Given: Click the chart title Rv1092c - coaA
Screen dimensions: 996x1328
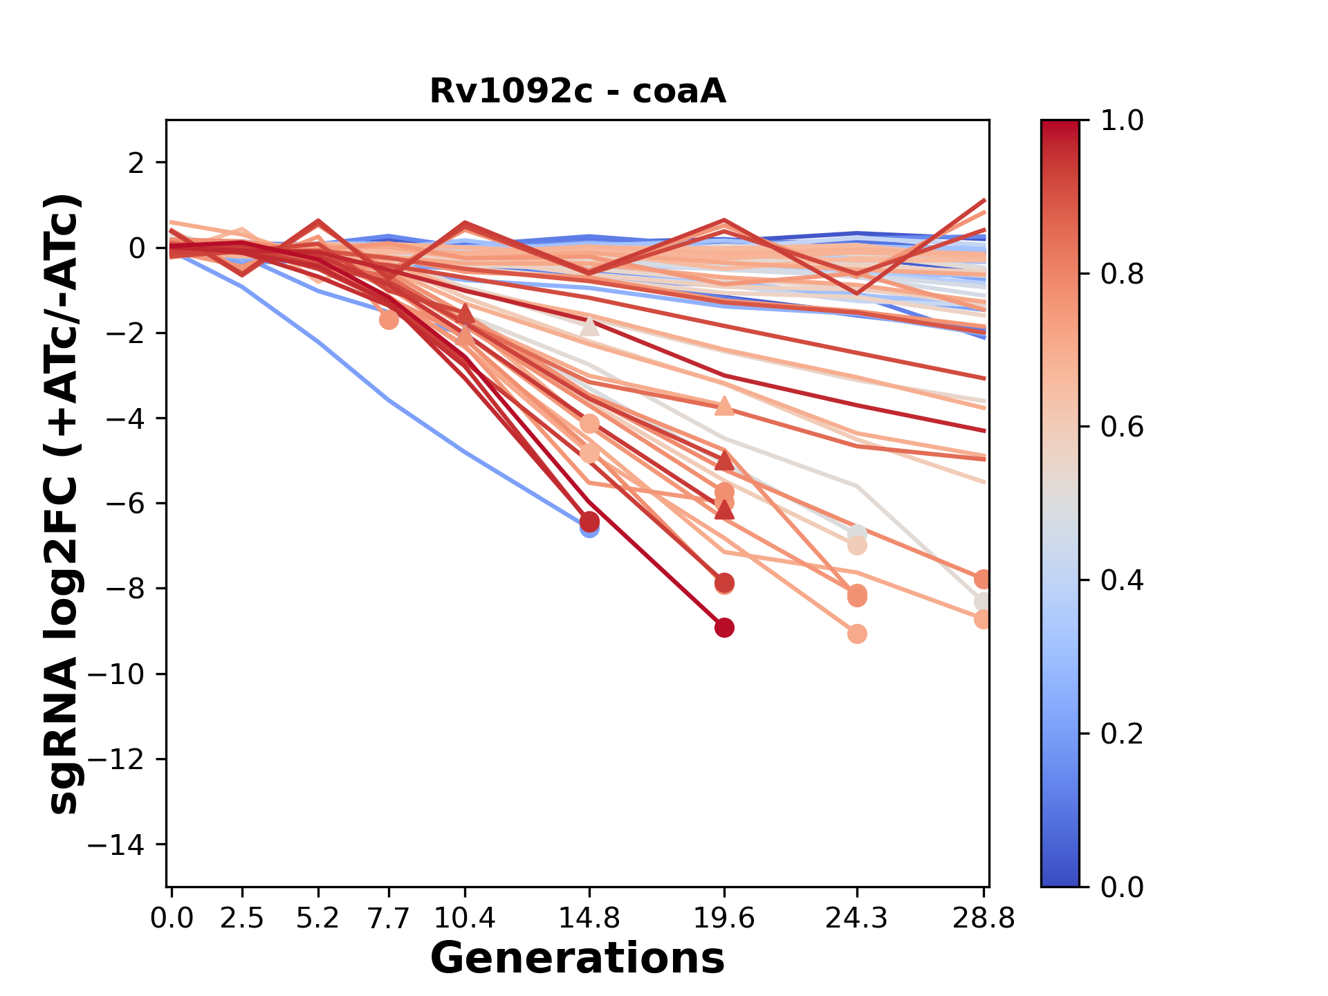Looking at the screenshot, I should point(578,91).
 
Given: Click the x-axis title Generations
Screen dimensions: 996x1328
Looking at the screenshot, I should point(578,959).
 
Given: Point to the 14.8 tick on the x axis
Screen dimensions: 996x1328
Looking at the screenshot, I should point(589,919).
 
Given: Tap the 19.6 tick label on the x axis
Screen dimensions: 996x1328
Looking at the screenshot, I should point(724,919).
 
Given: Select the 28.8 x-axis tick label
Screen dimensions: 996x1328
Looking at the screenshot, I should point(983,919).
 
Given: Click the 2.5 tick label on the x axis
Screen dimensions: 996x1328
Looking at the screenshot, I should point(242,919).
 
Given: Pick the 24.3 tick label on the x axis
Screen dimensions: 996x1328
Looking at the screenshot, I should point(857,919).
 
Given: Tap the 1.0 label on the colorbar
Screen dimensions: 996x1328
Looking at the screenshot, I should point(1122,121).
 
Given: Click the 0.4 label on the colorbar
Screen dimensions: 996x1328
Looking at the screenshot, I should point(1122,580).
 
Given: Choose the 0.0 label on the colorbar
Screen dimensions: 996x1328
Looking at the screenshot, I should point(1122,887).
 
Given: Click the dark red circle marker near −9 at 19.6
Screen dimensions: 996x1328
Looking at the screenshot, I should point(724,628).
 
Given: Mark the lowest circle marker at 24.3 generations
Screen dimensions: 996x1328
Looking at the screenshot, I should point(857,634).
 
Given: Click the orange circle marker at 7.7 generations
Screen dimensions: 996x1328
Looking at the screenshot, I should point(389,320).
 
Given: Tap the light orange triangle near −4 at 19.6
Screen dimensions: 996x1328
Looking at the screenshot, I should point(724,406).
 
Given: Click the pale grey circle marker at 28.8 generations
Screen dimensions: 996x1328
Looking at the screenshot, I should point(982,602).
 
